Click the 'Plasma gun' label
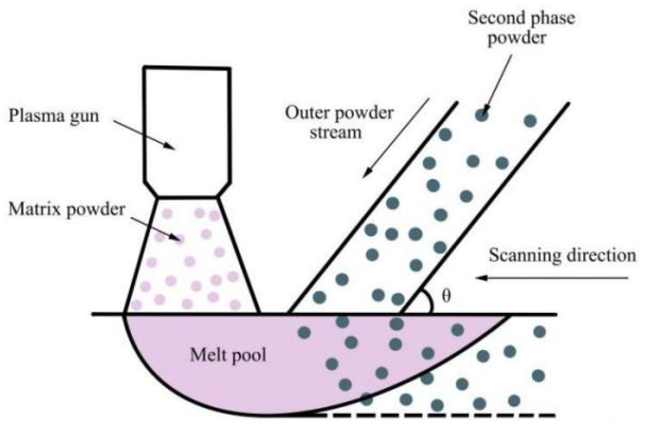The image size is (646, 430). [x=54, y=116]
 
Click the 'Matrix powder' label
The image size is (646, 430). [x=67, y=210]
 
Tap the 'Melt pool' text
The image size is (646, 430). [x=228, y=355]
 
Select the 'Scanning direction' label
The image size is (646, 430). [x=562, y=256]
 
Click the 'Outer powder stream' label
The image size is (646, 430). [x=339, y=122]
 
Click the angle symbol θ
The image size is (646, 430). [x=447, y=296]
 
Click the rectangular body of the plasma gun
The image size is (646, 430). [x=187, y=125]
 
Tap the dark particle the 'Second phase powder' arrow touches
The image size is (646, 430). [x=482, y=115]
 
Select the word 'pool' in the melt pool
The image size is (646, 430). [x=249, y=355]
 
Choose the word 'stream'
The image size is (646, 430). [x=335, y=132]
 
